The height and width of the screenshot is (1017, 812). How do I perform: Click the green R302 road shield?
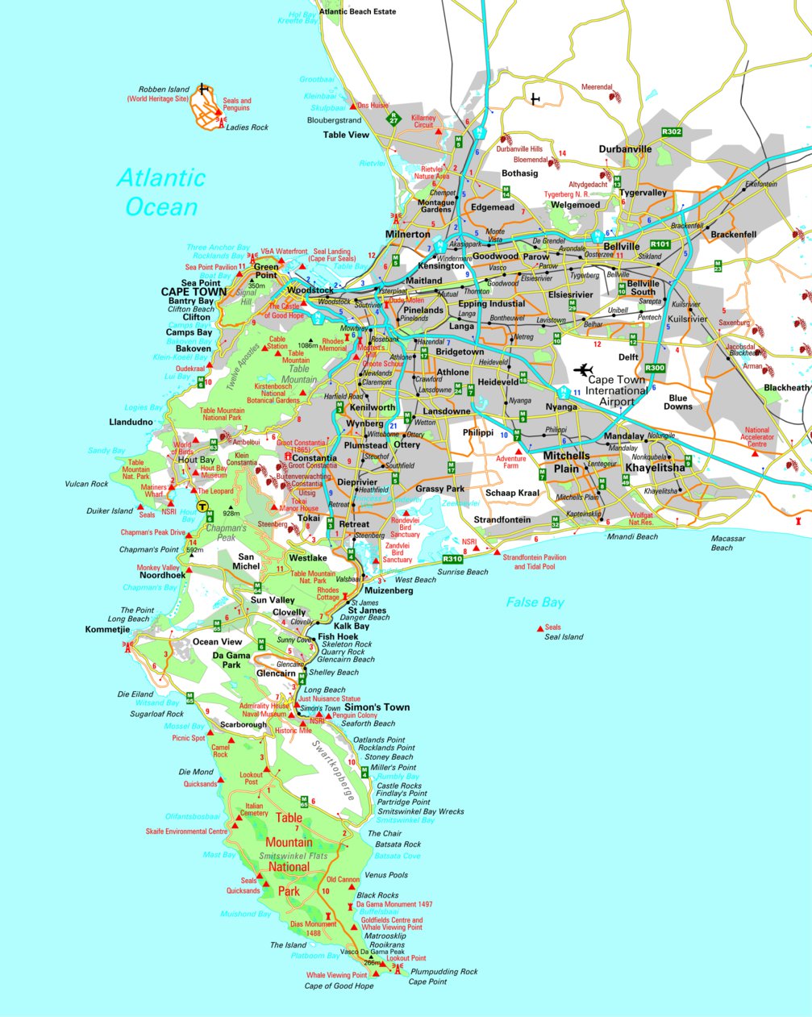(x=671, y=131)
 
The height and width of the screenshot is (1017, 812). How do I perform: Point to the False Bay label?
(x=535, y=602)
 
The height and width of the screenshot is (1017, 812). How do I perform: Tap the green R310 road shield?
(x=452, y=559)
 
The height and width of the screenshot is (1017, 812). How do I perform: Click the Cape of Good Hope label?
(x=339, y=986)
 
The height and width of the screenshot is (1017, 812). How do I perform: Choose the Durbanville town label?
(x=625, y=149)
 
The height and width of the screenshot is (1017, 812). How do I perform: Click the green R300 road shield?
(x=655, y=368)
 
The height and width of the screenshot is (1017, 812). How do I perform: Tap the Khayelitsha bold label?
(x=655, y=468)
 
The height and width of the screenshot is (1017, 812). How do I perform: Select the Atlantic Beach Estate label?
(x=357, y=12)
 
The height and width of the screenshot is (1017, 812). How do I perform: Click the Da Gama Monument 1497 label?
(x=400, y=905)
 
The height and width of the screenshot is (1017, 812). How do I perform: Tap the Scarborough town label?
(x=243, y=725)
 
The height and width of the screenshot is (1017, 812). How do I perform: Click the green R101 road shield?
(x=660, y=244)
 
